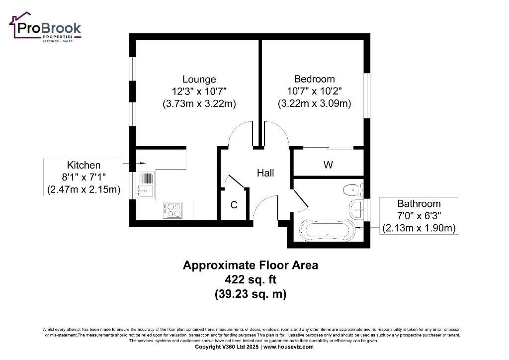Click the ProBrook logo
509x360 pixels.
(45, 27)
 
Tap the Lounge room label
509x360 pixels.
(199, 79)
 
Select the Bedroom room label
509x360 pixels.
(314, 79)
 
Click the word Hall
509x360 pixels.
(265, 173)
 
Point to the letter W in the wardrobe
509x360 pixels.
(328, 165)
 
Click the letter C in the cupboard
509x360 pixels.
(234, 205)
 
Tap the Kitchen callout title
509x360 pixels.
(84, 165)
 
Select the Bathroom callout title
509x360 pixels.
(419, 203)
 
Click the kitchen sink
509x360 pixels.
(146, 184)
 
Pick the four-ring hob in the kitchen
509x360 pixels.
(172, 210)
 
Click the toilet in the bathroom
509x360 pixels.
(353, 190)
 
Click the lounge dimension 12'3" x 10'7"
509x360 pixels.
(199, 91)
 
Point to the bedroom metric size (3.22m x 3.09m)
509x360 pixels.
(314, 103)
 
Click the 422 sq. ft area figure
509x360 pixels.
(251, 279)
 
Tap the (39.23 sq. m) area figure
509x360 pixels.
(251, 294)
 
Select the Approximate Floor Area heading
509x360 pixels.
(251, 265)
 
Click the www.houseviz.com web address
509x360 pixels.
(288, 347)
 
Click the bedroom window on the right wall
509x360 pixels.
(366, 95)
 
